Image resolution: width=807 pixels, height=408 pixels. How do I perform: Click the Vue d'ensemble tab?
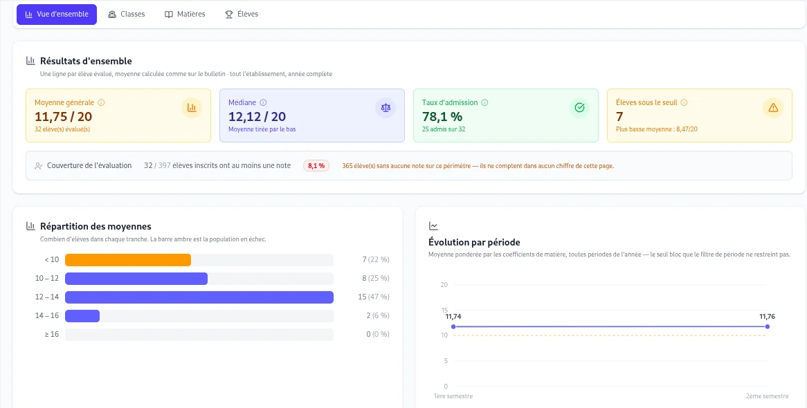[57, 15]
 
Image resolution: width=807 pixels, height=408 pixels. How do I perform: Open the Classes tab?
[127, 15]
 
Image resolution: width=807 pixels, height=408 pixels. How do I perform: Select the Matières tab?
[185, 15]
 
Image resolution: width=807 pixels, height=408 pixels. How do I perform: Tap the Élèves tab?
[242, 15]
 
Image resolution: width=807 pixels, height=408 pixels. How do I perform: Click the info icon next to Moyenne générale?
[101, 102]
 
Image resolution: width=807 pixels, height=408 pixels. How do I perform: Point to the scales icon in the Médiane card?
[386, 107]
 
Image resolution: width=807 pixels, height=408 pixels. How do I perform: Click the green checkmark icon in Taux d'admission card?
[579, 107]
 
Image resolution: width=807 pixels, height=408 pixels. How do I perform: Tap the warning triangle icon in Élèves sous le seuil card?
[772, 107]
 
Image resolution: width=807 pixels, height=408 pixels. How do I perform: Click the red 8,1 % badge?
[316, 166]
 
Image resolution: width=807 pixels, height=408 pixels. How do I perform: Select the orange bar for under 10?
[128, 260]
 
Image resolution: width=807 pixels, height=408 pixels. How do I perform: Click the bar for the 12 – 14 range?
[199, 297]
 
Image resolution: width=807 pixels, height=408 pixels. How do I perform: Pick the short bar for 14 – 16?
[82, 315]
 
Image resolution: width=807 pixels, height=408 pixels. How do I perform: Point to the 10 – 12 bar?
[136, 279]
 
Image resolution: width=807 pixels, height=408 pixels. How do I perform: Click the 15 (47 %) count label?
[374, 297]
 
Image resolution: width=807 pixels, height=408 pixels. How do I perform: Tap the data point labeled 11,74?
[453, 326]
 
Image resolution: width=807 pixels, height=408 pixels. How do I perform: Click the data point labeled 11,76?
[768, 326]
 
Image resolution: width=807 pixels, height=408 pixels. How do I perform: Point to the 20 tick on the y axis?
[444, 285]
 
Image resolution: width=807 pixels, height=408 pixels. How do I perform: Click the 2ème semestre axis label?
[768, 396]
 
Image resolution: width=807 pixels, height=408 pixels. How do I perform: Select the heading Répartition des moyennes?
[96, 226]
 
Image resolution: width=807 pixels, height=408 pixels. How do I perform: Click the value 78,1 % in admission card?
[442, 117]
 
